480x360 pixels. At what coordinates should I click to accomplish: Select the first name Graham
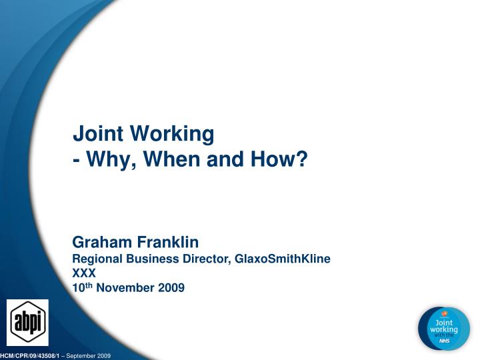(x=104, y=241)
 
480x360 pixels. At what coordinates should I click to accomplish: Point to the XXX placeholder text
(x=84, y=273)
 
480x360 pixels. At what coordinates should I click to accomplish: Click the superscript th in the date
(x=89, y=285)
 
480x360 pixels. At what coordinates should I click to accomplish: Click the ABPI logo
(x=27, y=323)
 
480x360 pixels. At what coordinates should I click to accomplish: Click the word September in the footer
(x=85, y=356)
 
